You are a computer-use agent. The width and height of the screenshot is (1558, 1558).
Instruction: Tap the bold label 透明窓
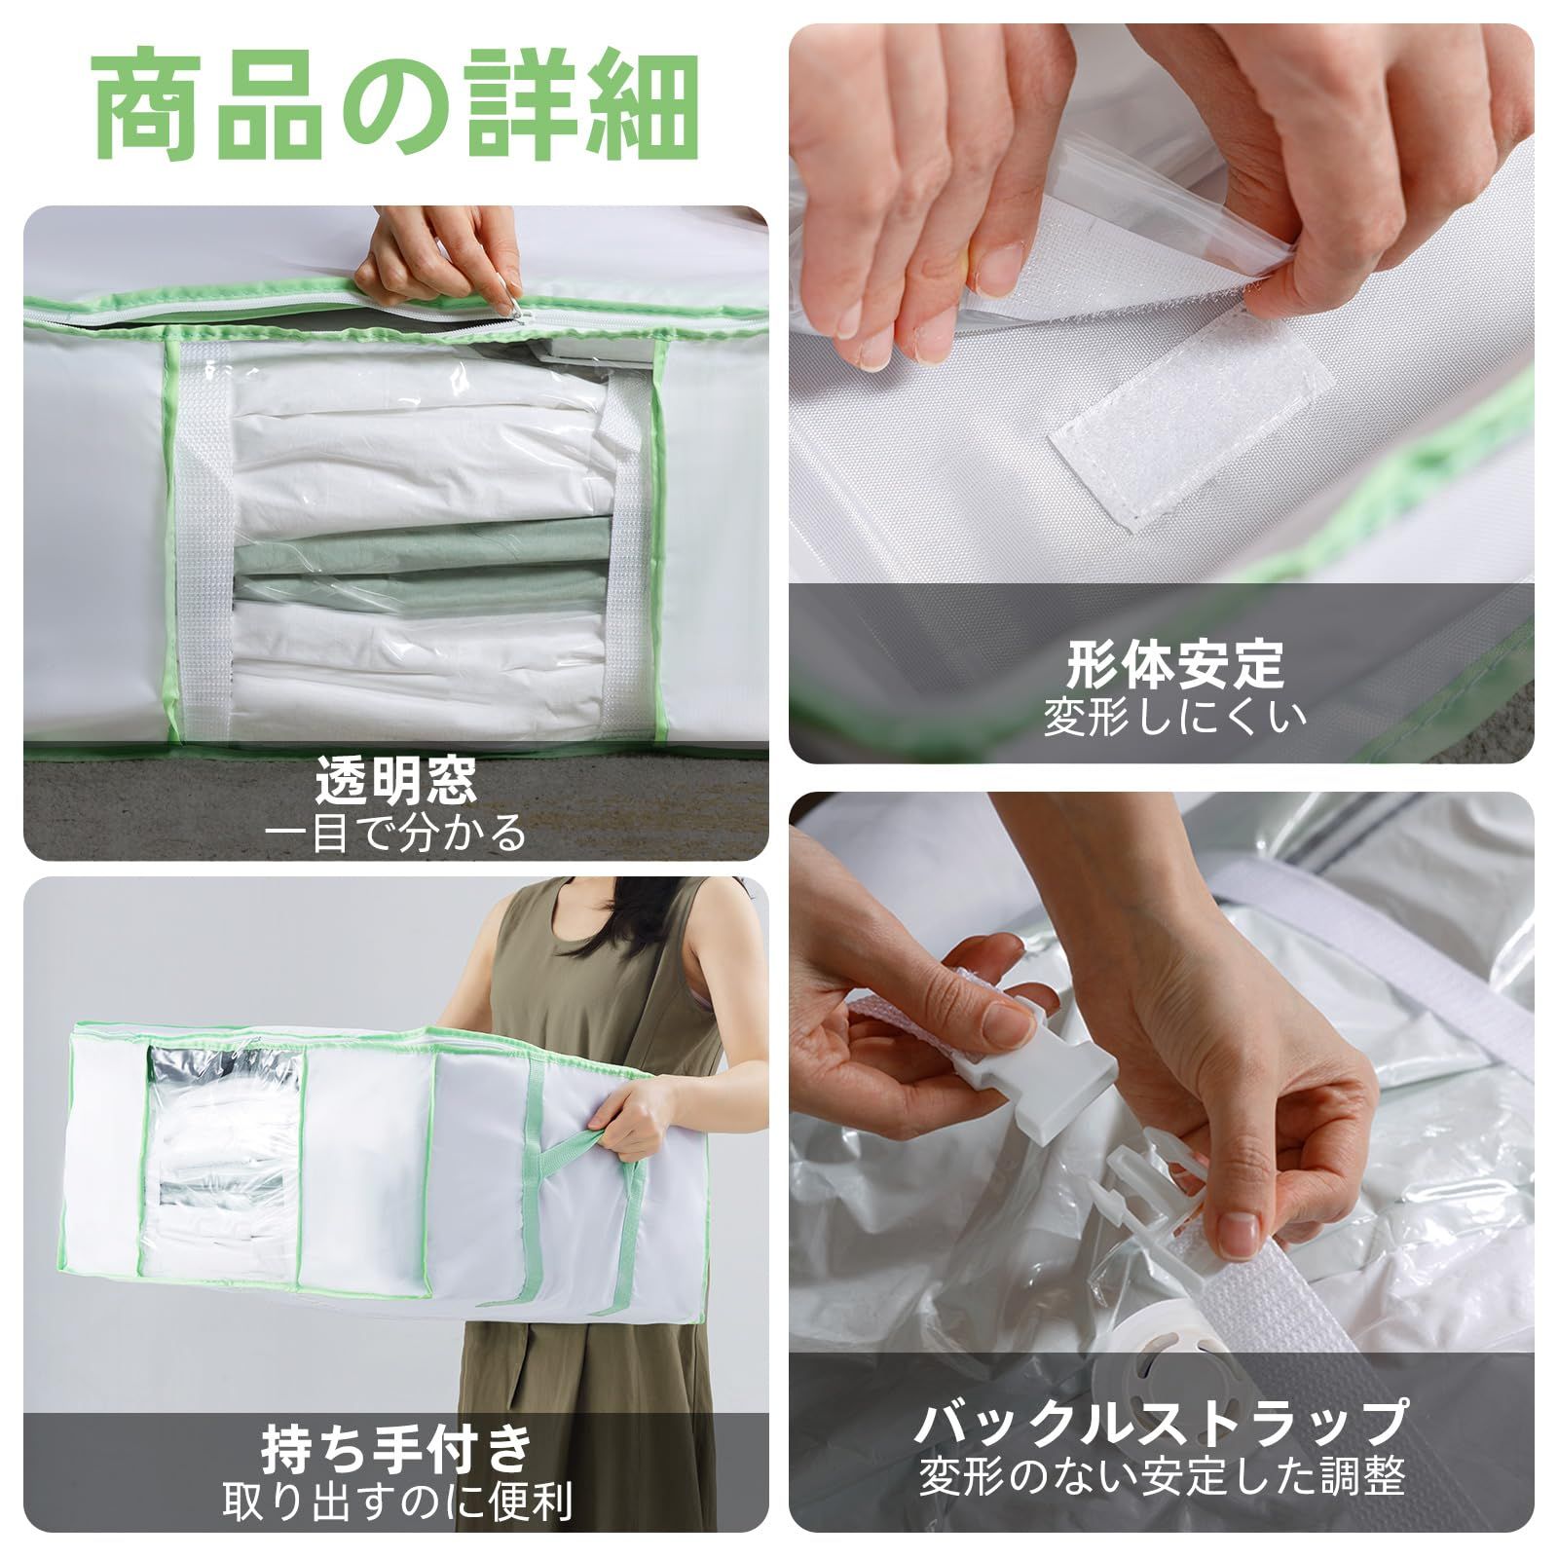pos(396,779)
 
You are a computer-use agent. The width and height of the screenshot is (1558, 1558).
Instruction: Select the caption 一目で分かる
pos(396,834)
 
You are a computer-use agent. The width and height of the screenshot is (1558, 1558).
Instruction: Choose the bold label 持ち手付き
pos(396,1449)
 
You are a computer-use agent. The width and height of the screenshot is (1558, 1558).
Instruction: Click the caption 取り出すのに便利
pos(396,1502)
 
